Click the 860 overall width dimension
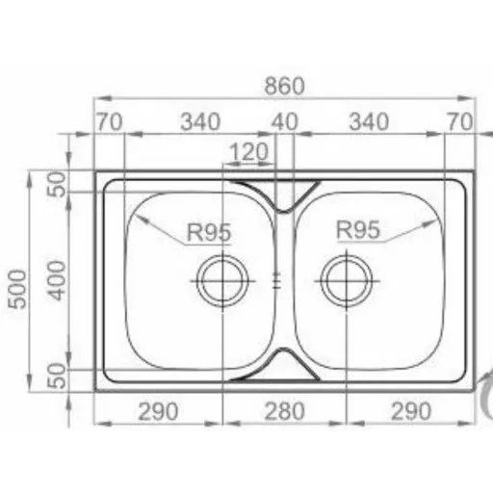click(284, 86)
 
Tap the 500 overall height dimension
click(17, 290)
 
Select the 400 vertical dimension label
click(57, 281)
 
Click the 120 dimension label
click(249, 152)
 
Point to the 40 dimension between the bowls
click(285, 122)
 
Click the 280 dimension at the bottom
click(284, 411)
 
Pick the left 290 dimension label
click(158, 411)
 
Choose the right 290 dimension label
click(411, 411)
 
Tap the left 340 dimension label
click(200, 122)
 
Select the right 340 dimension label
click(369, 122)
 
